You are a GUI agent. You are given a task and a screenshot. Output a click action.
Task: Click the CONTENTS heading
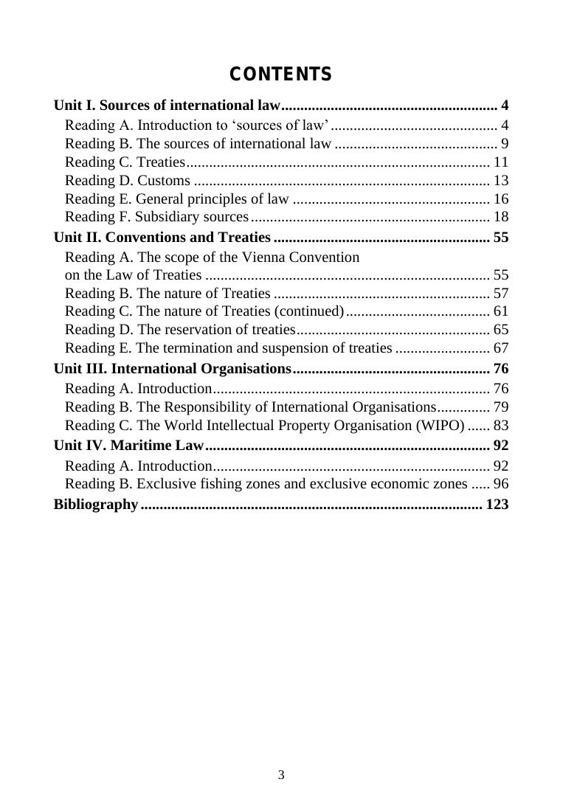[x=280, y=75]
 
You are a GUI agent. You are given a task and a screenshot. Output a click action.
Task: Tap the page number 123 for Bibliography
[x=497, y=505]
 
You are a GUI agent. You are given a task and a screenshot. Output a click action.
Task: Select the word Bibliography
[x=96, y=505]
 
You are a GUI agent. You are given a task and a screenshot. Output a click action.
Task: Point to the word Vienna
[x=280, y=257]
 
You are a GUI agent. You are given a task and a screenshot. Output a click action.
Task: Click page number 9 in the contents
[x=505, y=143]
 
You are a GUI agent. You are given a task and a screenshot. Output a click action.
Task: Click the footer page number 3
[x=281, y=775]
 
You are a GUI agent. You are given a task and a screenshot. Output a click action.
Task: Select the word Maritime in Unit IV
[x=140, y=445]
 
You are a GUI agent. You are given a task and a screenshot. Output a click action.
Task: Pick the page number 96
[x=501, y=484]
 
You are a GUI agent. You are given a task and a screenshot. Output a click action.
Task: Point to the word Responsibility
[x=225, y=406]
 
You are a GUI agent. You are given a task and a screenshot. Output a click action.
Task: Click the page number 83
[x=501, y=425]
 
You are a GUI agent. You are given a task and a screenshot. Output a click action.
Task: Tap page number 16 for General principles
[x=501, y=198]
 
